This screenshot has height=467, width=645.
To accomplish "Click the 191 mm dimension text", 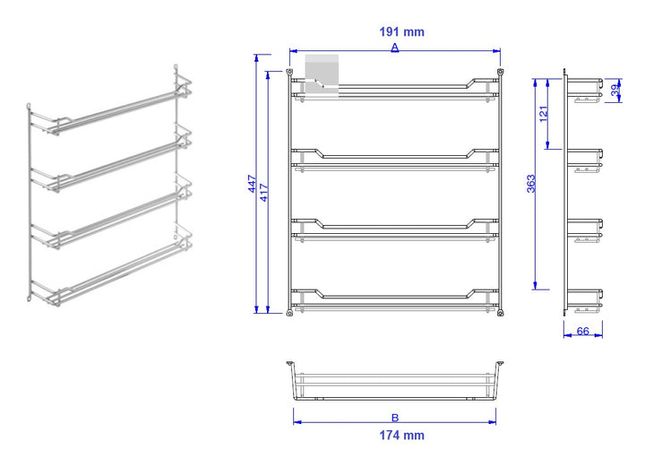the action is pyautogui.click(x=401, y=32).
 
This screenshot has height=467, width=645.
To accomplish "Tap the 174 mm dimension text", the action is pyautogui.click(x=401, y=436).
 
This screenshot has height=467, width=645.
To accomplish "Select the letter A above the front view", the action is pyautogui.click(x=395, y=48).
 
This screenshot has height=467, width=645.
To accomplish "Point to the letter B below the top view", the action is pyautogui.click(x=395, y=418).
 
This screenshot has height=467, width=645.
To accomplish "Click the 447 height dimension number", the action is pyautogui.click(x=253, y=184).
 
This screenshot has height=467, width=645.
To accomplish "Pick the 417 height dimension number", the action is pyautogui.click(x=264, y=193).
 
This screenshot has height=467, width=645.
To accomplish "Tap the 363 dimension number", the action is pyautogui.click(x=531, y=184).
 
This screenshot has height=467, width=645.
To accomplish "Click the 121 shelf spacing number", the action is pyautogui.click(x=544, y=114).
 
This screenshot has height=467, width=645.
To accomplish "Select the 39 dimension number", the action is pyautogui.click(x=615, y=91).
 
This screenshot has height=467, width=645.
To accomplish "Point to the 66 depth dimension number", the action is pyautogui.click(x=583, y=331).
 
